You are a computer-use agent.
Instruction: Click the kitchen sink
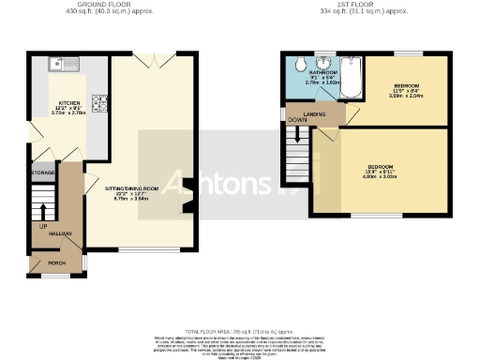click(68, 65)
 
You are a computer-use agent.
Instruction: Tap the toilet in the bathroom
click(297, 65)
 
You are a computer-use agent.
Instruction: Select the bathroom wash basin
click(325, 66)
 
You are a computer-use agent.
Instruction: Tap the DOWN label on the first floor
click(298, 121)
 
